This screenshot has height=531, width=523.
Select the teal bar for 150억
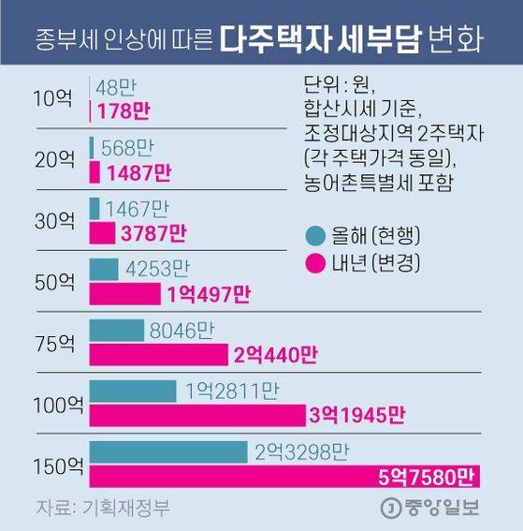[x=168, y=451]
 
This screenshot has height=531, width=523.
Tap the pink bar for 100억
[x=197, y=415]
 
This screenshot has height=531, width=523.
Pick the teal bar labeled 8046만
[x=116, y=330]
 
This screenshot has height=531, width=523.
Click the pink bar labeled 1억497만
[x=124, y=294]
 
